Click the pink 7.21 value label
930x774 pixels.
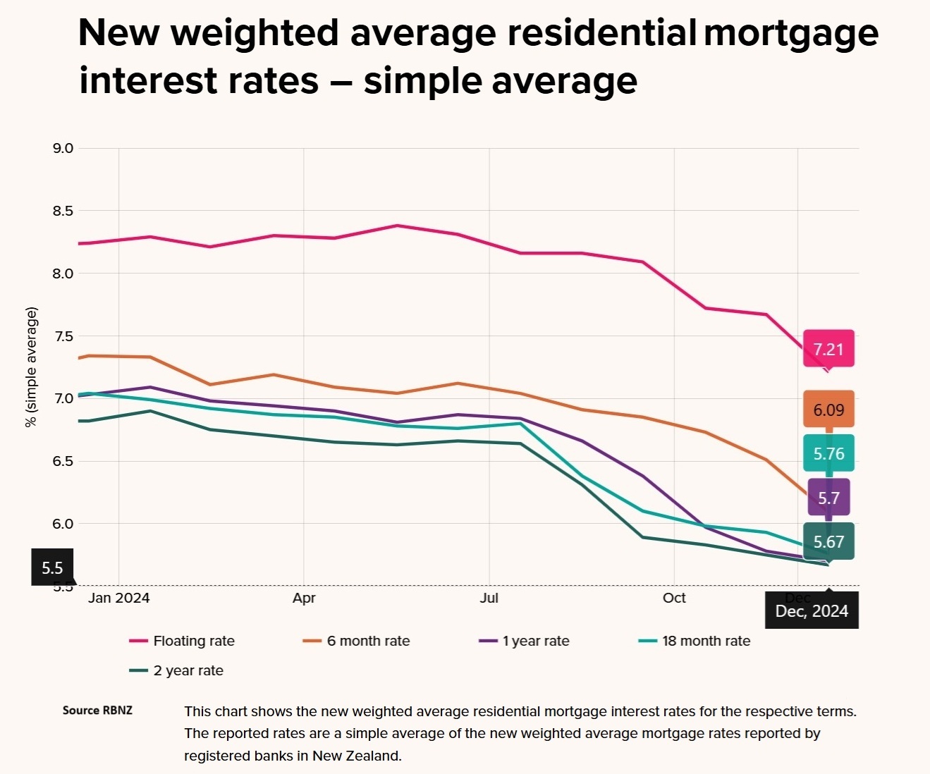pyautogui.click(x=828, y=349)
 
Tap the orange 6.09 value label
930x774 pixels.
pyautogui.click(x=828, y=410)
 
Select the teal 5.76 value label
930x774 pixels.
pyautogui.click(x=828, y=453)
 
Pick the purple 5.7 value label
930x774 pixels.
pyautogui.click(x=828, y=498)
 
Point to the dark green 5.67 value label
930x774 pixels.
pyautogui.click(x=828, y=541)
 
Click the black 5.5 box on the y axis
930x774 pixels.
pyautogui.click(x=53, y=567)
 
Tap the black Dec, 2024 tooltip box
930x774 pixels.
pyautogui.click(x=812, y=610)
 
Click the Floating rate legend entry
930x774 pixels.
pyautogui.click(x=193, y=641)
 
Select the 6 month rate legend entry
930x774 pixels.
pyautogui.click(x=367, y=641)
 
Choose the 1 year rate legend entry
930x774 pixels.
pyautogui.click(x=535, y=641)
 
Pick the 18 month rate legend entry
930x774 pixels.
pyautogui.click(x=705, y=641)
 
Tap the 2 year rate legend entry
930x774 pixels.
pyautogui.click(x=188, y=670)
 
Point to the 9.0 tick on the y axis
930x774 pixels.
pyautogui.click(x=63, y=148)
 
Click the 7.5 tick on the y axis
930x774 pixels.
pyautogui.click(x=63, y=336)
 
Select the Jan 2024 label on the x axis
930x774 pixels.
pyautogui.click(x=119, y=598)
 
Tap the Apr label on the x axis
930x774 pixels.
pyautogui.click(x=304, y=598)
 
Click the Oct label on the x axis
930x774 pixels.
pyautogui.click(x=674, y=598)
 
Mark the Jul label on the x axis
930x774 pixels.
pyautogui.click(x=489, y=598)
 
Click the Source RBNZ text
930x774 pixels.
pyautogui.click(x=97, y=710)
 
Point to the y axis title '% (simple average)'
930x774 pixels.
pyautogui.click(x=31, y=367)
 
